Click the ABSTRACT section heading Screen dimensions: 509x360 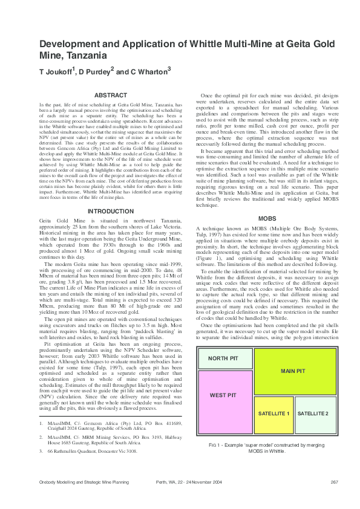[x=111, y=96]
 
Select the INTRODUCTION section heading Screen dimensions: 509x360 [x=111, y=211]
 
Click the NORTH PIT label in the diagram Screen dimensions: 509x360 [x=223, y=358]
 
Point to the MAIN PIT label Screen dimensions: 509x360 [x=292, y=371]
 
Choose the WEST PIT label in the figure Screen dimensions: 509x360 [x=223, y=395]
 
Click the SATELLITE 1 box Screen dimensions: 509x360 [x=274, y=413]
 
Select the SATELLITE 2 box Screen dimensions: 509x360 [x=313, y=413]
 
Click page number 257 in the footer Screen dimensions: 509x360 [x=333, y=481]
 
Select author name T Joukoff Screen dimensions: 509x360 [x=57, y=71]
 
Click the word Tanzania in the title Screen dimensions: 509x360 [x=86, y=55]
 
